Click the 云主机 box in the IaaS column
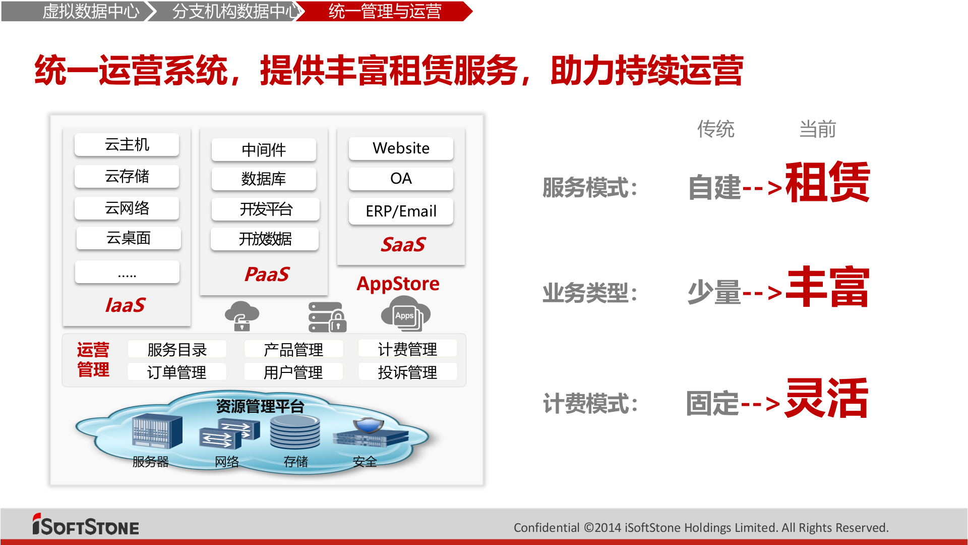tap(127, 145)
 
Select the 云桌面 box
tap(129, 238)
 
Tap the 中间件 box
tap(264, 150)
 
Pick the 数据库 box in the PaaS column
tap(264, 179)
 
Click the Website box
tap(401, 148)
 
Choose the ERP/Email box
tap(401, 211)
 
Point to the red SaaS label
tap(403, 245)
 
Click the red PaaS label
tap(267, 275)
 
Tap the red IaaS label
tap(125, 305)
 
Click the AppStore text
tap(398, 284)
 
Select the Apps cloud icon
tap(405, 314)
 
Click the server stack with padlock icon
tap(327, 317)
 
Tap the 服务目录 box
tap(177, 349)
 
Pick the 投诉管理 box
tap(407, 372)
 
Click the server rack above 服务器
tap(157, 431)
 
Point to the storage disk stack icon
tap(295, 432)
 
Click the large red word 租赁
tap(827, 182)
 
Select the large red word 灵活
tap(826, 398)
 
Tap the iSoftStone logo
tap(86, 525)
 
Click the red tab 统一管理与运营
tap(384, 11)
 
